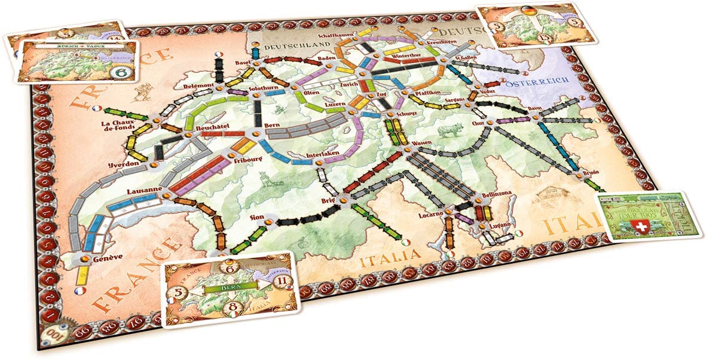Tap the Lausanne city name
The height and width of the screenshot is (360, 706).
141,191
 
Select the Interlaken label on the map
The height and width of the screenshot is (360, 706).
322,155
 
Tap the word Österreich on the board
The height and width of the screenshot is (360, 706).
536,85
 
